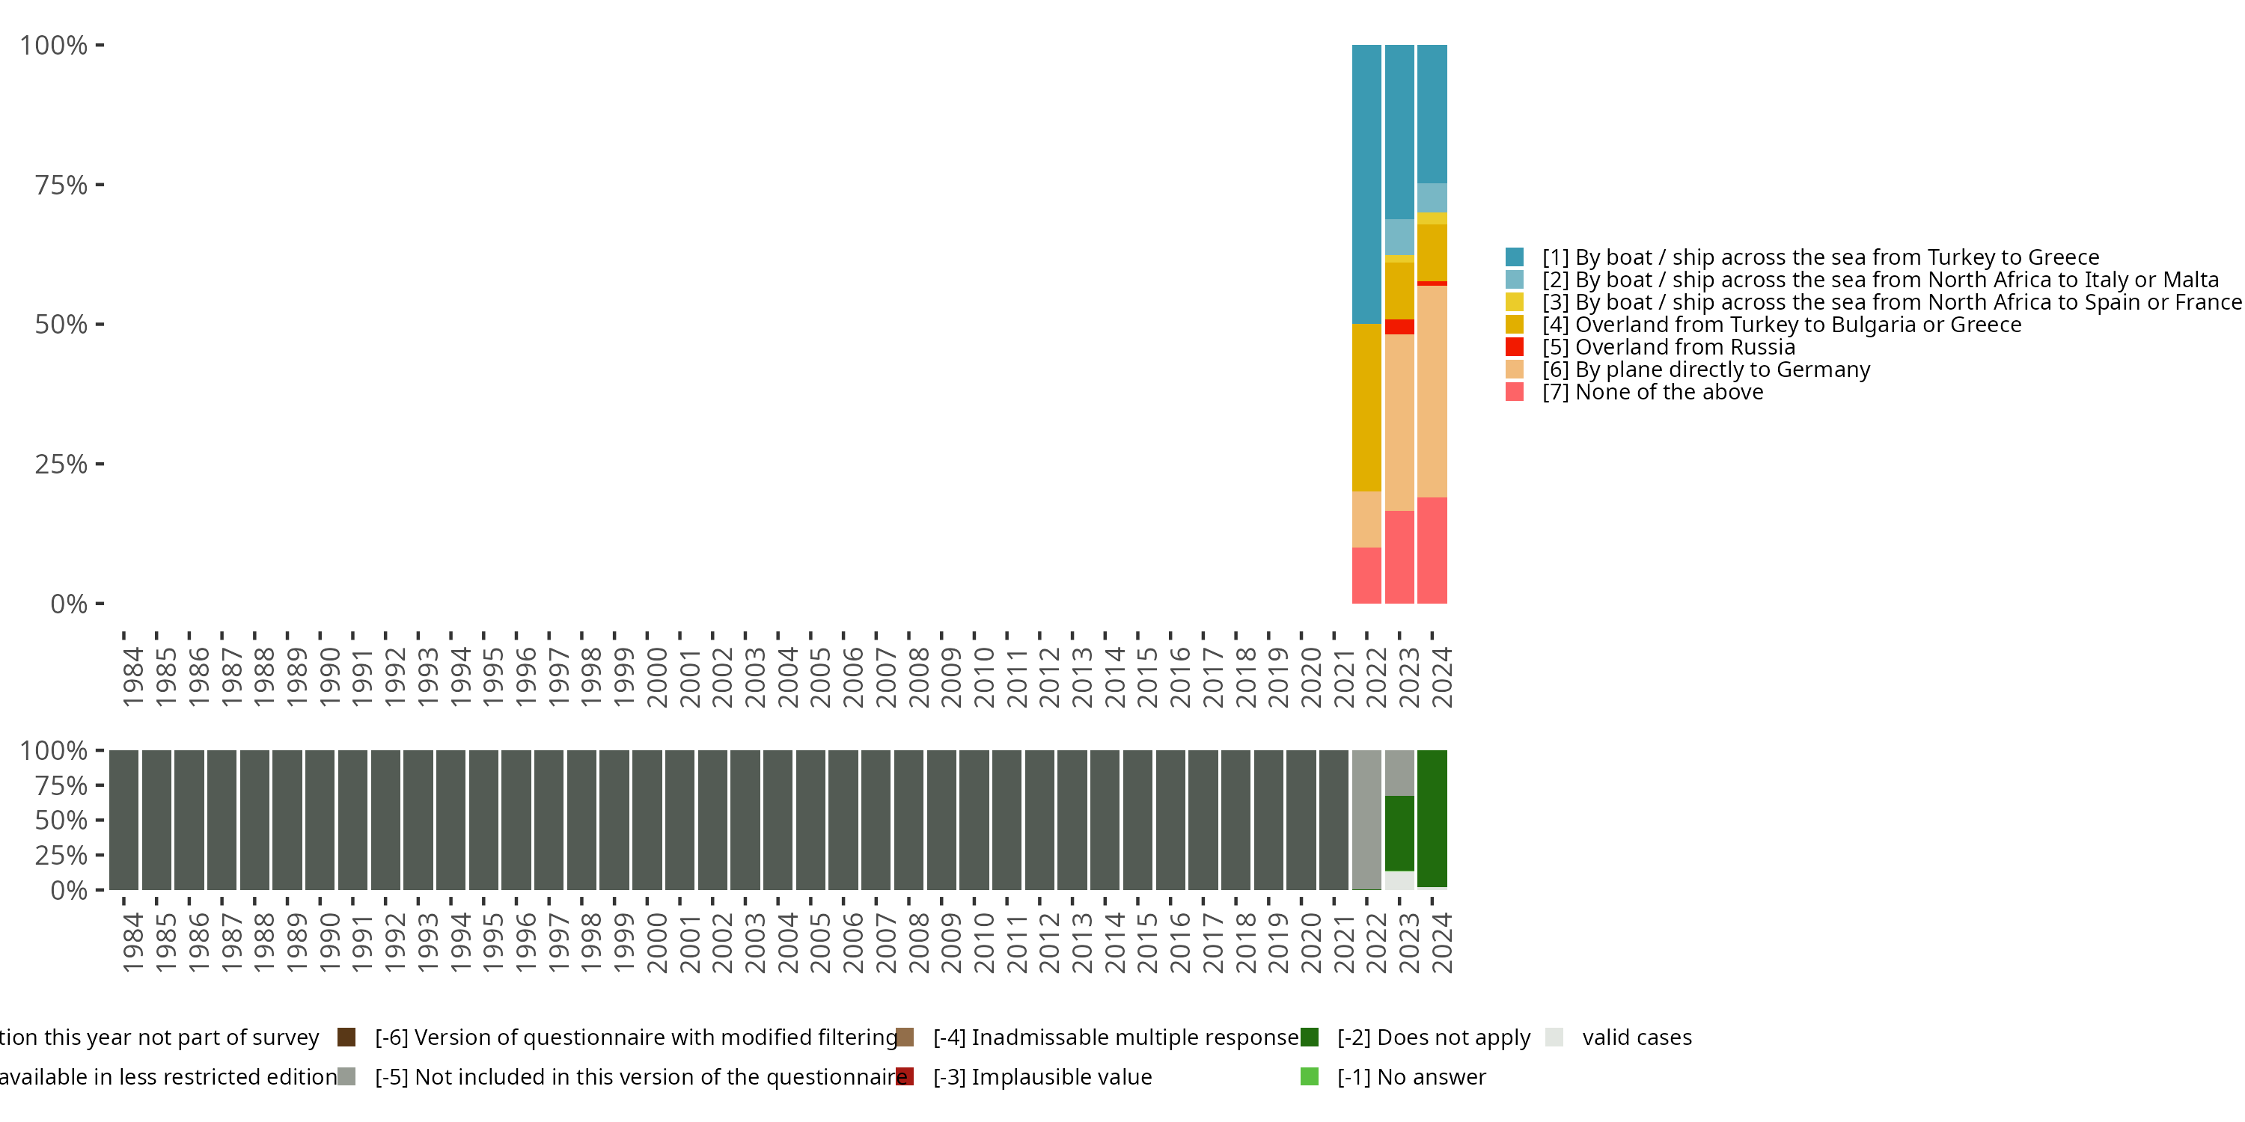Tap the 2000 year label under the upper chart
[657, 677]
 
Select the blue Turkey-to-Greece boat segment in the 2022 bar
[1366, 184]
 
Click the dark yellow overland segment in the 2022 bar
[1366, 407]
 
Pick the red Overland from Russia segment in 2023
[1399, 327]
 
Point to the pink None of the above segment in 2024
[1432, 550]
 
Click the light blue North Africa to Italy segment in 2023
[1399, 237]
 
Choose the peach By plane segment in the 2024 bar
[1432, 391]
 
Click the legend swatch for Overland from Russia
[1515, 347]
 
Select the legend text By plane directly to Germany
[1722, 370]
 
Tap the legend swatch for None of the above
[1515, 392]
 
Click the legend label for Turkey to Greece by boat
[1820, 257]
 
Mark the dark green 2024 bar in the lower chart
[1432, 818]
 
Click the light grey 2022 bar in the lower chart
[1366, 819]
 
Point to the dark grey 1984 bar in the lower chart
[123, 819]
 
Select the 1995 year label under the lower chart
[493, 942]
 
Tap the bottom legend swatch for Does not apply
[1309, 1037]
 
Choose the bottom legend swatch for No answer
[1309, 1076]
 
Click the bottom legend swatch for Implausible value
[905, 1076]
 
